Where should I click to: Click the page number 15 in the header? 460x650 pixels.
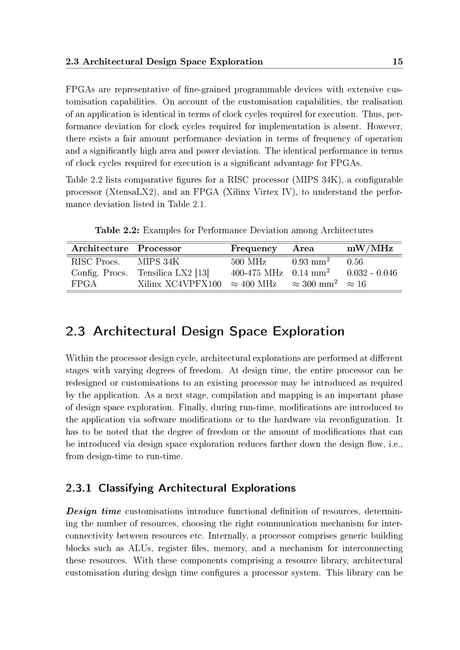(397, 62)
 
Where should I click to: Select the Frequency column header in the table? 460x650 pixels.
(253, 249)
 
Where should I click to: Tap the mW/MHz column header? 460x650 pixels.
(369, 249)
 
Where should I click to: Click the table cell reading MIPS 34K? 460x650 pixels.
(158, 262)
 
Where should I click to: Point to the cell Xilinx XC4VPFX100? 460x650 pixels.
(179, 284)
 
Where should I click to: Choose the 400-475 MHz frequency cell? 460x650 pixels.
(256, 273)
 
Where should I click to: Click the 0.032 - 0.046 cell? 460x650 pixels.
(372, 273)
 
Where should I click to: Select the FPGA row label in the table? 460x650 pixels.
(84, 284)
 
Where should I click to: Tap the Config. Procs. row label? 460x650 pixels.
(99, 273)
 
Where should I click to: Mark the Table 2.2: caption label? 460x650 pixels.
(117, 230)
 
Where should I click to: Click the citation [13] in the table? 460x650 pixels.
(202, 273)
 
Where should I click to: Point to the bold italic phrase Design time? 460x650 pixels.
(93, 511)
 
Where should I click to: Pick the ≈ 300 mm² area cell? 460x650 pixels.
(315, 284)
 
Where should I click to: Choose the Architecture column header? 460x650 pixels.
(100, 249)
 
